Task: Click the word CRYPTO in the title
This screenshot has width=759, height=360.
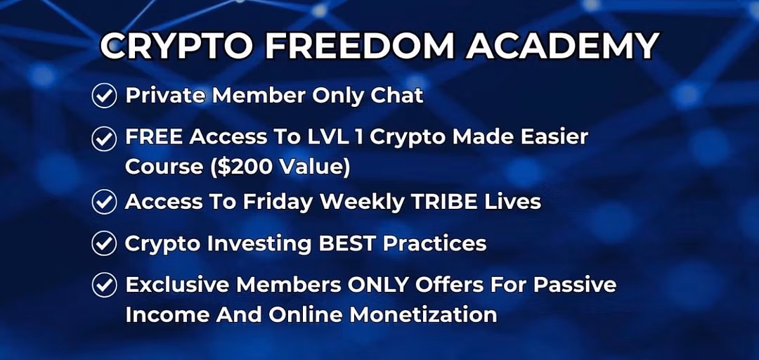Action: coord(177,47)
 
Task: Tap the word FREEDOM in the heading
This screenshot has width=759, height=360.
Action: coord(361,47)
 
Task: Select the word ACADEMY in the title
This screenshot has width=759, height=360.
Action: coord(562,47)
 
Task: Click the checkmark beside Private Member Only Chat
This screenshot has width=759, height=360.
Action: coord(104,96)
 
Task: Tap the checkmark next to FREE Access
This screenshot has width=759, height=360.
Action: coord(104,139)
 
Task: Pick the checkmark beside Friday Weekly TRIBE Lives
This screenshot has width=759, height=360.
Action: coord(104,202)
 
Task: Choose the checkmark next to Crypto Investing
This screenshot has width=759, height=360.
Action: coord(104,243)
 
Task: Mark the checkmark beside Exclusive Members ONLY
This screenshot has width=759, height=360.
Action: coord(104,285)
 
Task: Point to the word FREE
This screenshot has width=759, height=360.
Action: coord(153,137)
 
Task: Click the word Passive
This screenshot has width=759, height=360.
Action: coord(575,285)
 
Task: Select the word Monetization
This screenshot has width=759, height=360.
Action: coord(423,315)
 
